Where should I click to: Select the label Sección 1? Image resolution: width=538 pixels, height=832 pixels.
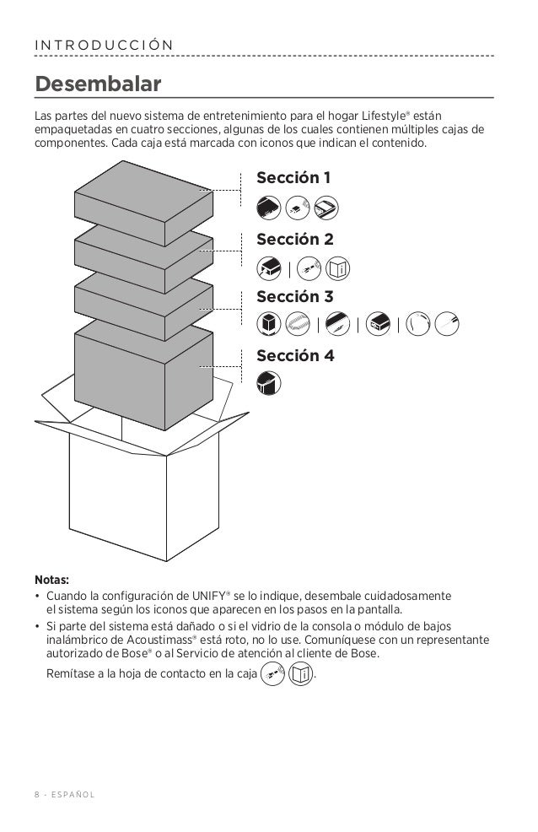pos(293,178)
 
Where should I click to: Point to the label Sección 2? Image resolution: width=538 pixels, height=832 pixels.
pos(294,240)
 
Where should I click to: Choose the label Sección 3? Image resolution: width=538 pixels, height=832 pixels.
pos(294,297)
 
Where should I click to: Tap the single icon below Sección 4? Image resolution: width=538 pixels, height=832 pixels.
pos(268,382)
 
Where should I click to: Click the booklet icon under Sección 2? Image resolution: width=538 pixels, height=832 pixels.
pos(337,269)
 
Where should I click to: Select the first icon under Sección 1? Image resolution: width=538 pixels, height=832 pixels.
pos(268,207)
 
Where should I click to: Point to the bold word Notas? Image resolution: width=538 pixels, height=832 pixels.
pos(52,580)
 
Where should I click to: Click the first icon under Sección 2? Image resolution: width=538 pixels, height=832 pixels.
pos(268,269)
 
